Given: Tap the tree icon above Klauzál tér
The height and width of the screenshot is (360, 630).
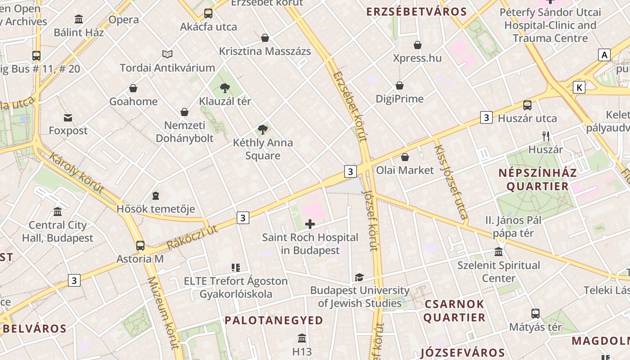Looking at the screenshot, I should [x=225, y=88].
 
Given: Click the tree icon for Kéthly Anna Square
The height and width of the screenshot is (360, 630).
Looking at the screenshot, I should [x=263, y=130].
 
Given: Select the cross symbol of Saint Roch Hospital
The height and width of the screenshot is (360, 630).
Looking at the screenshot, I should [x=310, y=224].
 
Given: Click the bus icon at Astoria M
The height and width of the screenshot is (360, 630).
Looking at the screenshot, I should [x=140, y=246].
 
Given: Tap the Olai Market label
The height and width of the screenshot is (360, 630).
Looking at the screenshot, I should [x=405, y=170].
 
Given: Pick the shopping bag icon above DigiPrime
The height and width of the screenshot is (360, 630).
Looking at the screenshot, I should [x=400, y=85].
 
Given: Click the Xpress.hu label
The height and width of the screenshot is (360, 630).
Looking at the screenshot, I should [x=417, y=58].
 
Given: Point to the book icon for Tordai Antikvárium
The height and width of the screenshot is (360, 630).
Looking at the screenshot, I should [x=167, y=54].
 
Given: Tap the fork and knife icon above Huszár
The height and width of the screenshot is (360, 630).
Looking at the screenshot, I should [x=546, y=136].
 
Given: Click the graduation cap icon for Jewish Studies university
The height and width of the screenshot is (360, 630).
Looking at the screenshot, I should [x=359, y=277].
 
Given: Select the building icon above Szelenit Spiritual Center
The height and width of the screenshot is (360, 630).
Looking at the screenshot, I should [x=499, y=252].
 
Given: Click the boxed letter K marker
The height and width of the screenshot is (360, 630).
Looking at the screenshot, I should [x=579, y=87].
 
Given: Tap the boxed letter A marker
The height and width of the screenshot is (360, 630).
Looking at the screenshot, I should [x=604, y=55].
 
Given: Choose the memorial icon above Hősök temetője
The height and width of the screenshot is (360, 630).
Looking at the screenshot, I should [x=156, y=196].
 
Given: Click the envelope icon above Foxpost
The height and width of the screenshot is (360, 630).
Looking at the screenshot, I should [x=68, y=118].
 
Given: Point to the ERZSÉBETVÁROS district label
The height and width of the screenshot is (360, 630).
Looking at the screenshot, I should [x=410, y=12].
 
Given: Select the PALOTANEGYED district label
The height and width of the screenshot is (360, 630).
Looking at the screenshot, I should [x=274, y=320].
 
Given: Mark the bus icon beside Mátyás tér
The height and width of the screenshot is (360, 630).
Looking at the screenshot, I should [x=535, y=314].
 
